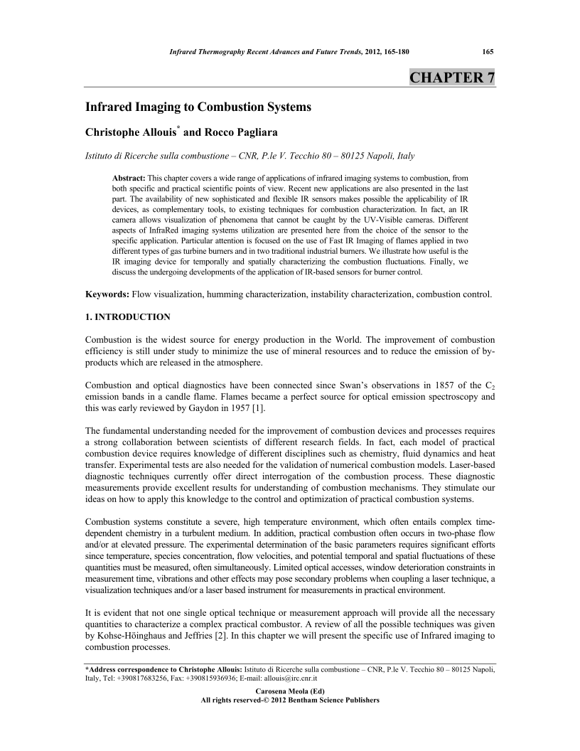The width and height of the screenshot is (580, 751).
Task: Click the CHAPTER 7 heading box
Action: pyautogui.click(x=452, y=78)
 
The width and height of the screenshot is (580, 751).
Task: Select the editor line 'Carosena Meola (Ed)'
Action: pyautogui.click(x=290, y=691)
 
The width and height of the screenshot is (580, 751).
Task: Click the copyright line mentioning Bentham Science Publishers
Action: pyautogui.click(x=290, y=701)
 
